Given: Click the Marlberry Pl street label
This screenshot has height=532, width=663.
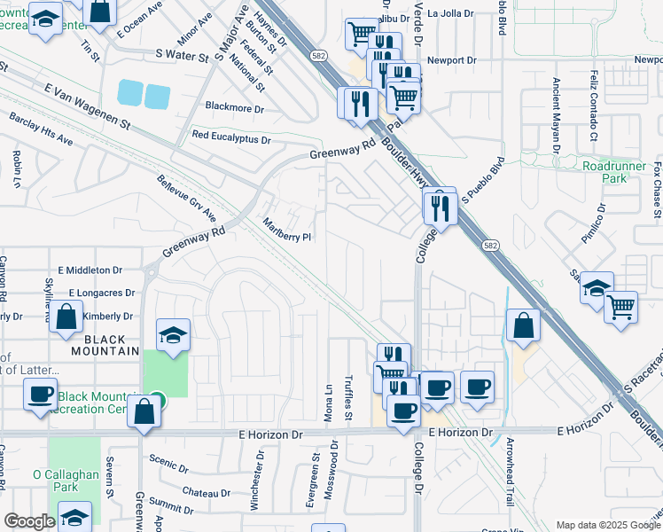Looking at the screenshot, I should (x=286, y=230).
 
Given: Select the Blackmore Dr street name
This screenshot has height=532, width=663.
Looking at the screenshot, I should (x=235, y=108).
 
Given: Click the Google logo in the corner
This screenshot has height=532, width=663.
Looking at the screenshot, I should (x=29, y=521).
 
